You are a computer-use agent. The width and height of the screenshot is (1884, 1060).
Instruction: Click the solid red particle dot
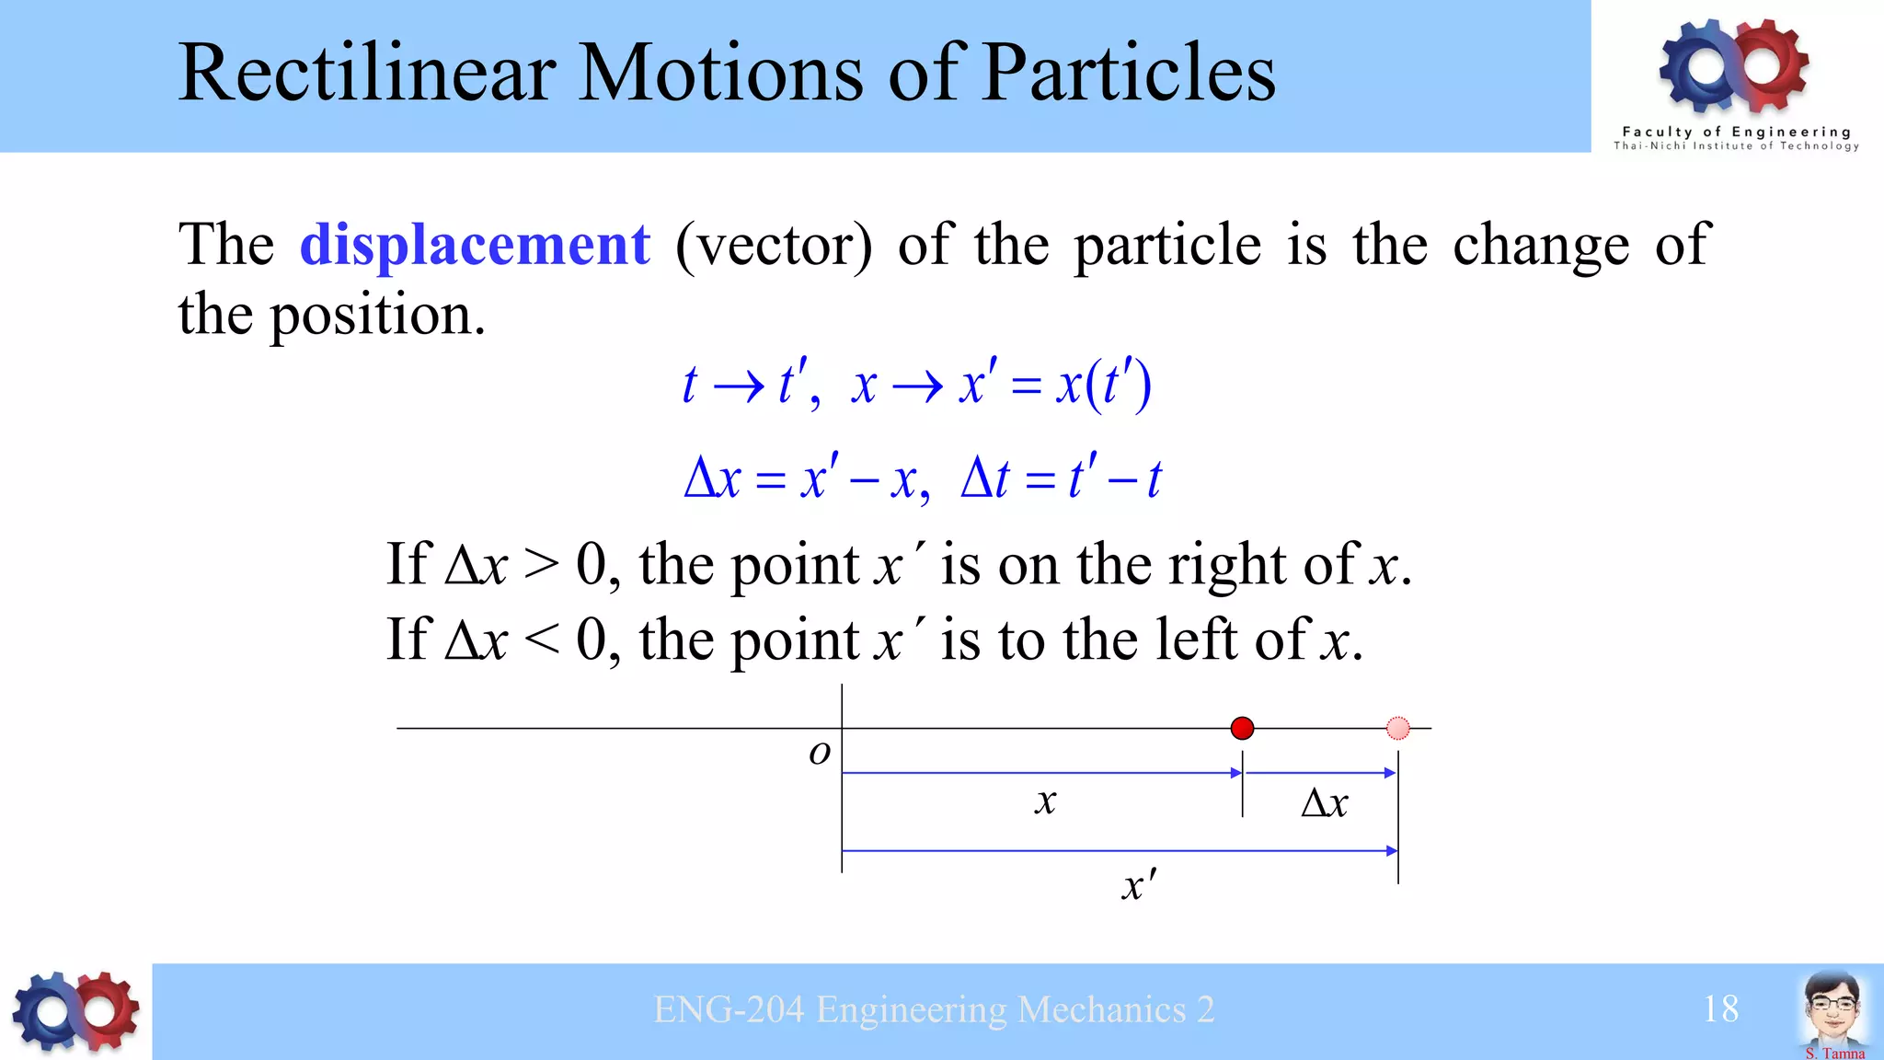click(x=1242, y=729)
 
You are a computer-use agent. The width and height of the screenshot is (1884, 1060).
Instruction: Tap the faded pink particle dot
click(x=1397, y=729)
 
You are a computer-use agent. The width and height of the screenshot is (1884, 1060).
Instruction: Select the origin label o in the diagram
click(x=819, y=753)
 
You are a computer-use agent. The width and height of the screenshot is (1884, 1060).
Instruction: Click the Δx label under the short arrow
click(x=1324, y=803)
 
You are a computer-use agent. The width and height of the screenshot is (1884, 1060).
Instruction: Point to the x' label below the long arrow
click(x=1139, y=885)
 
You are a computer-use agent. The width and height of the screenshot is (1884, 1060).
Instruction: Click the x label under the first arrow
click(x=1045, y=801)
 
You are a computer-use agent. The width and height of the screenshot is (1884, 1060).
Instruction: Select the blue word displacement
click(x=475, y=245)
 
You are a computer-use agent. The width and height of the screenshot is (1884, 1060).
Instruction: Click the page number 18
click(x=1720, y=1009)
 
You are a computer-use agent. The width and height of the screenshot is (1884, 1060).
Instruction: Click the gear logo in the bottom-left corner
click(x=75, y=1011)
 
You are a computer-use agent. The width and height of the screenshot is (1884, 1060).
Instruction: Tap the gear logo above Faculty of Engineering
click(x=1734, y=64)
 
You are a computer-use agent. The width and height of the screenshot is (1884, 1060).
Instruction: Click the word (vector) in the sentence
click(x=774, y=246)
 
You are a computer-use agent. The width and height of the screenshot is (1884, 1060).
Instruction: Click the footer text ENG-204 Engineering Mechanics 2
click(x=934, y=1009)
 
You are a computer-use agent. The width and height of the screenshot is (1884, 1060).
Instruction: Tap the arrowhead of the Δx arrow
click(x=1390, y=773)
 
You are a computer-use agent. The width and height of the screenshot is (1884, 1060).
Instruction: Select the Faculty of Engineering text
click(x=1736, y=132)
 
